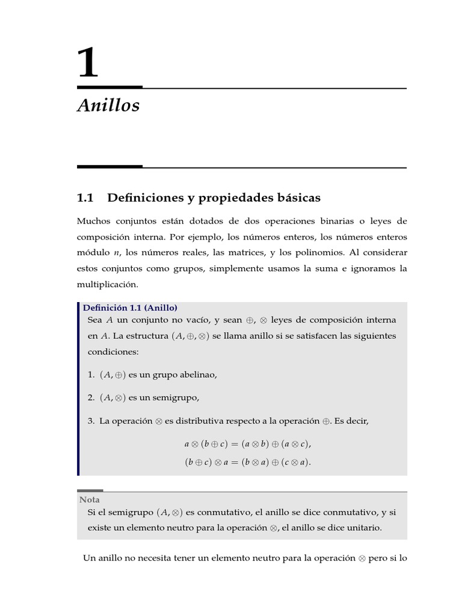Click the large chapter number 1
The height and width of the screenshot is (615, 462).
88,64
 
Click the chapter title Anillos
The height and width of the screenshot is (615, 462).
108,106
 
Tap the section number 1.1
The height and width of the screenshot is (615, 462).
86,198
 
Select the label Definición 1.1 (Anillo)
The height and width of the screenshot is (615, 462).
130,307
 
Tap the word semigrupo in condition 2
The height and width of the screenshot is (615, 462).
177,398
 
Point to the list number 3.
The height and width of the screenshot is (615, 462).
90,421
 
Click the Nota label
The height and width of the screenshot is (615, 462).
90,500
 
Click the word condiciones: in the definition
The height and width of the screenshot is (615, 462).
113,352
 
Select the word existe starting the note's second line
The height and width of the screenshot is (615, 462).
100,528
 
